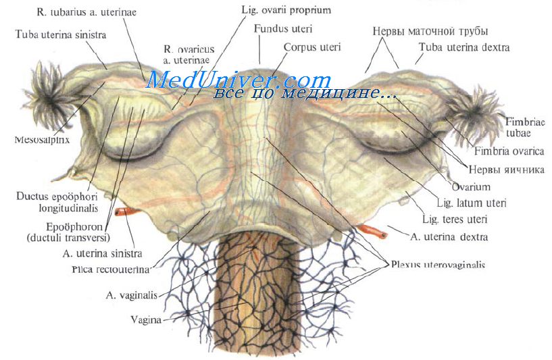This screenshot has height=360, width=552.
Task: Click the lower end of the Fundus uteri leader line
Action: (x=260, y=63)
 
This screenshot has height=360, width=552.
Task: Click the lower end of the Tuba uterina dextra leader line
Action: (x=415, y=64)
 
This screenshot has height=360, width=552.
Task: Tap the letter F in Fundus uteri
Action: (x=257, y=28)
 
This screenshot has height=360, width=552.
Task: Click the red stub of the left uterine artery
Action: (x=126, y=212)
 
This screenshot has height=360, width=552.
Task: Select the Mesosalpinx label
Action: (x=43, y=140)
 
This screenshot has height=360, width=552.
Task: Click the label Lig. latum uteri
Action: (x=472, y=203)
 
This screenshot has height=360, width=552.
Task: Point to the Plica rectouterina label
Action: (x=111, y=269)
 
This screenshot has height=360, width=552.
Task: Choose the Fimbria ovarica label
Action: (x=509, y=151)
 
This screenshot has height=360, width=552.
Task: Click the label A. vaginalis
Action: (x=132, y=295)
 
